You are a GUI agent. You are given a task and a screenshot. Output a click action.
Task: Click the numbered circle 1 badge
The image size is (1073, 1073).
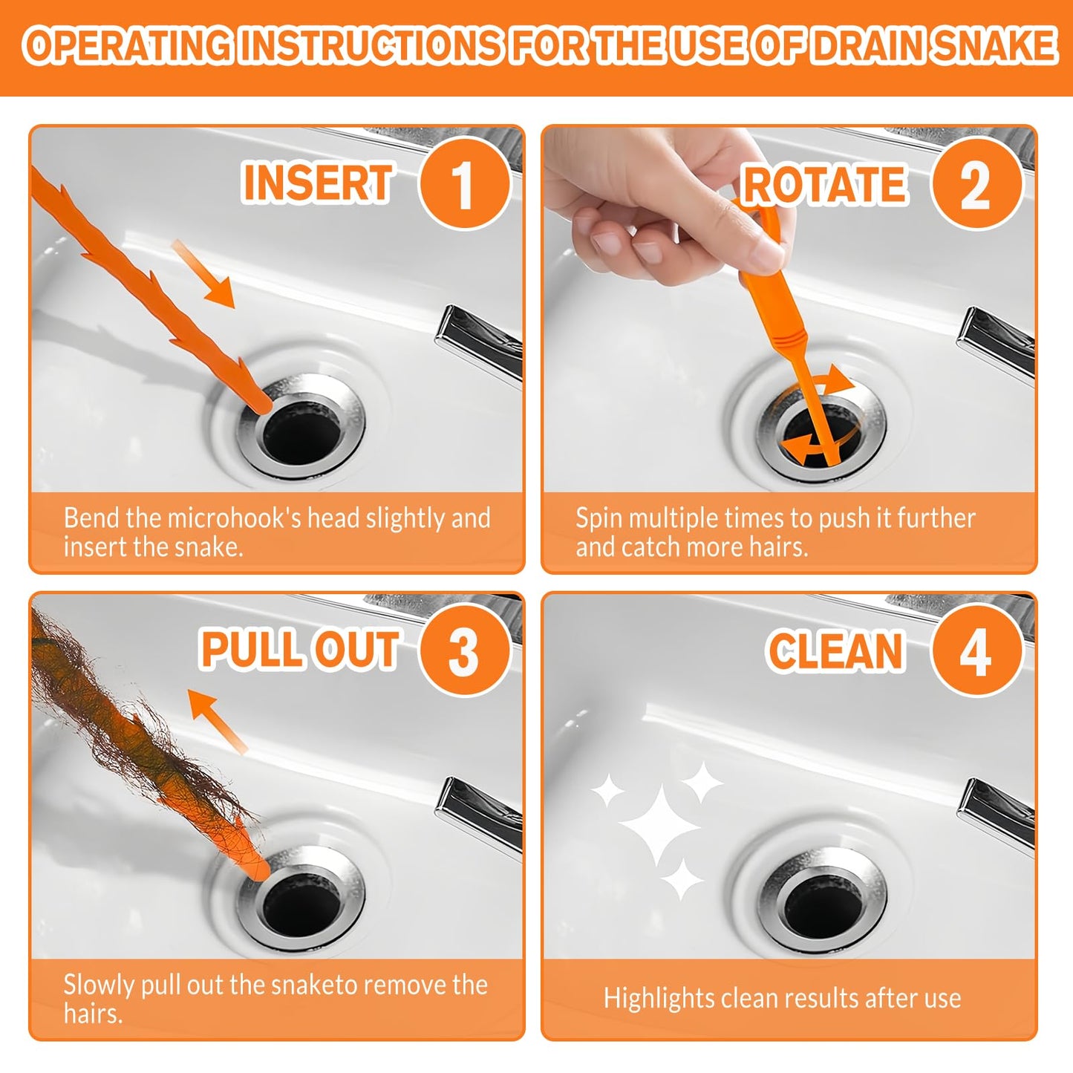pyautogui.click(x=464, y=183)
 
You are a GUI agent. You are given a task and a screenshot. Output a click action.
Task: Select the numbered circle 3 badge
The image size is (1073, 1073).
pyautogui.click(x=464, y=650)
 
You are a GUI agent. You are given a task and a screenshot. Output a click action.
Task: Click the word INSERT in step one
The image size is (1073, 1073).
pyautogui.click(x=318, y=183)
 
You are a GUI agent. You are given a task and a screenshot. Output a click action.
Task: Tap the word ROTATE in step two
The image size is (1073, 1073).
pyautogui.click(x=824, y=185)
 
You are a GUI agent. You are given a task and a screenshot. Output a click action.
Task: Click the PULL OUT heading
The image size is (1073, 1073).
pyautogui.click(x=300, y=650)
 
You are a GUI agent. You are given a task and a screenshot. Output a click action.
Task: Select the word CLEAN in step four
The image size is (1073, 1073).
pyautogui.click(x=835, y=652)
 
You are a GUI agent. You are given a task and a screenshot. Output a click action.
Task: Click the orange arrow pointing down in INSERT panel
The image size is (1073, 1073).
pyautogui.click(x=204, y=274)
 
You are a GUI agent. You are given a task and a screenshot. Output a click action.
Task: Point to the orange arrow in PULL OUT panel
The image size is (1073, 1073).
pyautogui.click(x=215, y=719)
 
